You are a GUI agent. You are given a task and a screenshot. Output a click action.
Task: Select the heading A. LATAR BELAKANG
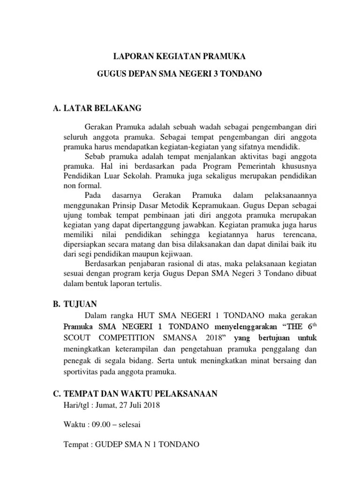click(x=97, y=109)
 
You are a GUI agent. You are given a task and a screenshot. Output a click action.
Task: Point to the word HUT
click(x=149, y=315)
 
